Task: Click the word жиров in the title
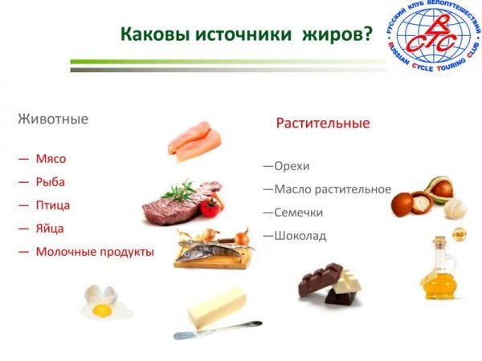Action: coord(337,34)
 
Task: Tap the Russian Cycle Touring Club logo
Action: coord(434,35)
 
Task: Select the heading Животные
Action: coord(53,119)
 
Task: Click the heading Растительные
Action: coord(323,124)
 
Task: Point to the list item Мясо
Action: coord(51,159)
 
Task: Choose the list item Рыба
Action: coord(51,182)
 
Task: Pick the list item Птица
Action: coord(53,205)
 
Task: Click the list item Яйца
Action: coord(50,229)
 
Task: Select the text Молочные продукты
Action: coord(95,252)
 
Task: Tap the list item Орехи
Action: coord(292,166)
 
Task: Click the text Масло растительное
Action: coord(333,189)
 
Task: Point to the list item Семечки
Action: coord(299,213)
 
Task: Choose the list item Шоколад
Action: coord(300,236)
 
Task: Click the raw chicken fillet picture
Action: coord(194,142)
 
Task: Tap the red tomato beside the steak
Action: coord(210,207)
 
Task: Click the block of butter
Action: coord(217,307)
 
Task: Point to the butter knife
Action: coord(218,330)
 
